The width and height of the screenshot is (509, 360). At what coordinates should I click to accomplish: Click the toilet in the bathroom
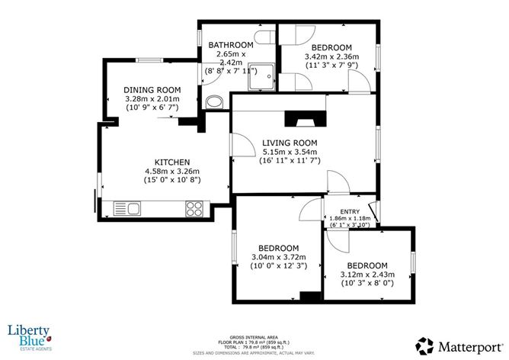[265, 39]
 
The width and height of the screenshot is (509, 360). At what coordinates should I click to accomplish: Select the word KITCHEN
[171, 162]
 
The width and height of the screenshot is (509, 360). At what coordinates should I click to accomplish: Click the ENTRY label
[349, 211]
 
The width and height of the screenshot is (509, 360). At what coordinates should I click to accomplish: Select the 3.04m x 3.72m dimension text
[277, 258]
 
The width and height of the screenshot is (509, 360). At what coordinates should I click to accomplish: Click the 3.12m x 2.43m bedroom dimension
[367, 274]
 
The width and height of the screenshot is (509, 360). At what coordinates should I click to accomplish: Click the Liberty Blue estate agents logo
[30, 336]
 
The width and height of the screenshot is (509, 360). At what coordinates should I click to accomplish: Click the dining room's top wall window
[149, 59]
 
